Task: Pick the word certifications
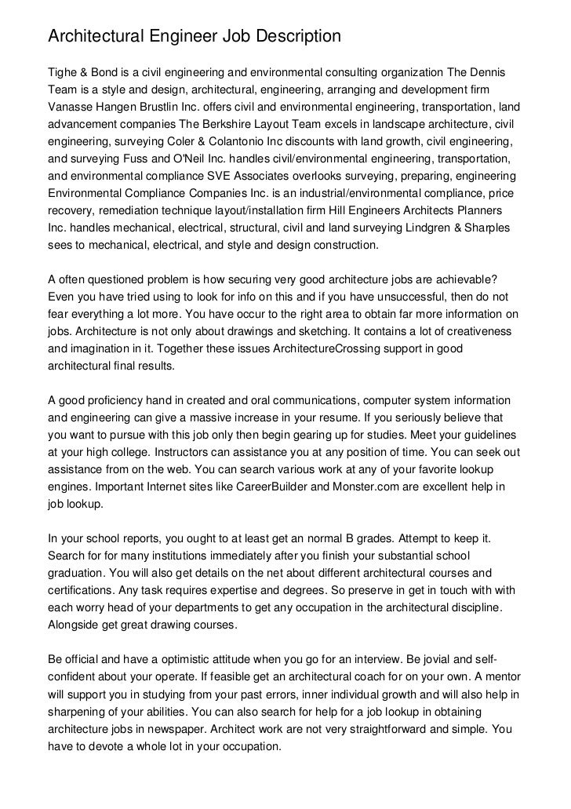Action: coord(85,591)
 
